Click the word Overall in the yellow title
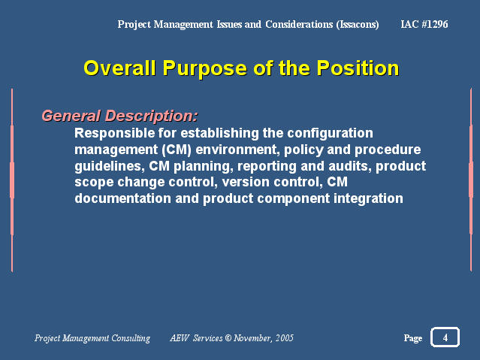(x=119, y=68)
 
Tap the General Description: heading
(x=119, y=116)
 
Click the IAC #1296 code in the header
(x=424, y=24)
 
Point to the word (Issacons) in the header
(x=358, y=25)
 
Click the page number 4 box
(x=445, y=337)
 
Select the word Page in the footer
(x=413, y=338)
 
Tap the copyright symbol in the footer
(x=228, y=338)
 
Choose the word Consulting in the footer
(x=131, y=338)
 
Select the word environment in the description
(x=238, y=150)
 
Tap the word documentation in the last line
(x=122, y=198)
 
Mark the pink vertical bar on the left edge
(x=12, y=180)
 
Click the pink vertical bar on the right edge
(x=471, y=180)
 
